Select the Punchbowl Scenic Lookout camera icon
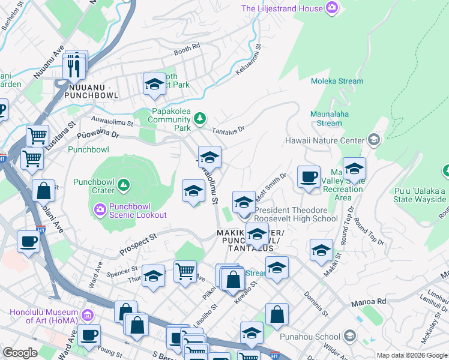[x=100, y=209]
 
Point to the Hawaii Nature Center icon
[x=373, y=140]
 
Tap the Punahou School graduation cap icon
[x=351, y=335]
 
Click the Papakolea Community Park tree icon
[x=200, y=118]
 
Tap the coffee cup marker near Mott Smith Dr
[x=309, y=176]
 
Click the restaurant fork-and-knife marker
[x=74, y=68]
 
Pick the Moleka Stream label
[x=337, y=81]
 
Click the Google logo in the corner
[x=20, y=352]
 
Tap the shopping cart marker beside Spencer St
[x=185, y=271]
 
